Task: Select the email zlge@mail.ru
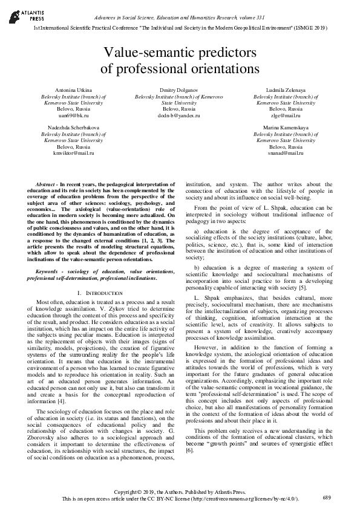click(286, 114)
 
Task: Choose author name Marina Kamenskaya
click(286, 129)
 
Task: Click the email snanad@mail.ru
click(286, 153)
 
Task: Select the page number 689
click(327, 497)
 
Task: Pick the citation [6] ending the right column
click(189, 450)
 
